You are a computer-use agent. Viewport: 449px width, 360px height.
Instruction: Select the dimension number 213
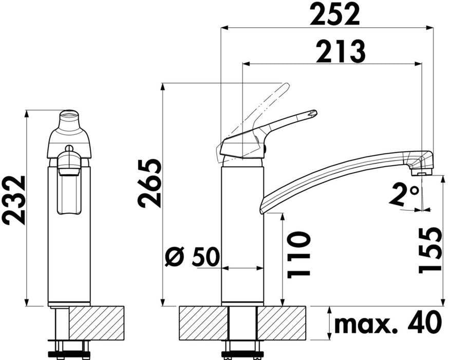[341, 52]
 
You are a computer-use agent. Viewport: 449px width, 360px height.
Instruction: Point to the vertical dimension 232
[13, 201]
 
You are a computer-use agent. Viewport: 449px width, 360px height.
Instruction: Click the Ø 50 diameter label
[193, 257]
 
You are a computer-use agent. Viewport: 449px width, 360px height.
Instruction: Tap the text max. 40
[388, 323]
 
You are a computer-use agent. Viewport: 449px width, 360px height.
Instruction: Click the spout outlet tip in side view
[421, 173]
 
